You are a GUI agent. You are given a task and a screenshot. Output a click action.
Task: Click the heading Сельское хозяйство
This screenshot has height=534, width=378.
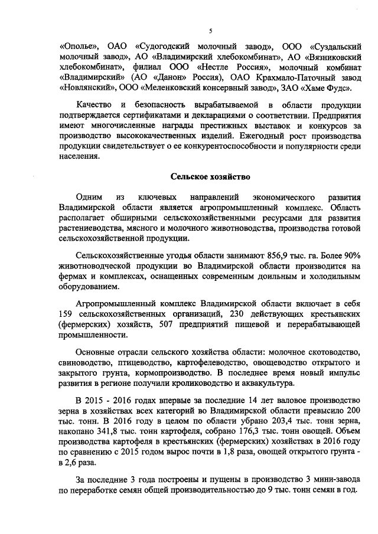click(x=210, y=176)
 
